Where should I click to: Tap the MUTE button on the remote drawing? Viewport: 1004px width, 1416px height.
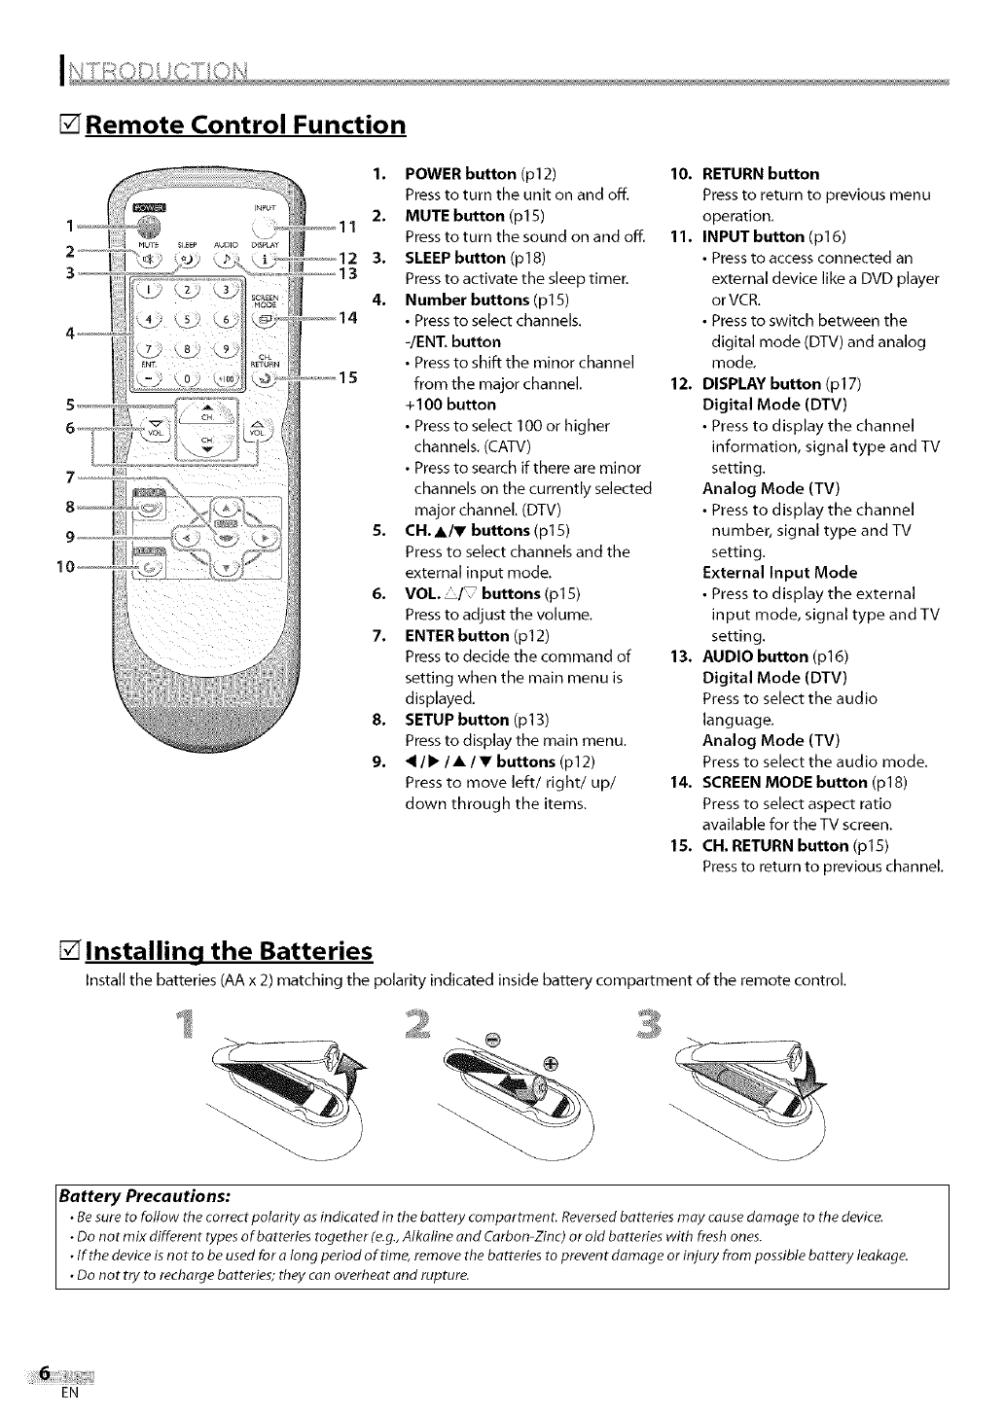tap(149, 260)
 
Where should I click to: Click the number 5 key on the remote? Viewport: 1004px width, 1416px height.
tap(186, 318)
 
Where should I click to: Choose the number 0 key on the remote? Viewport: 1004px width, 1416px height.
tap(186, 379)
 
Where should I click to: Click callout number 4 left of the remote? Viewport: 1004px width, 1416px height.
tap(71, 333)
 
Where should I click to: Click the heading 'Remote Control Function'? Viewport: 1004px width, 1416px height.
tap(244, 125)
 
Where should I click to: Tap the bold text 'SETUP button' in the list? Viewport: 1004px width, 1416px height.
tap(456, 720)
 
